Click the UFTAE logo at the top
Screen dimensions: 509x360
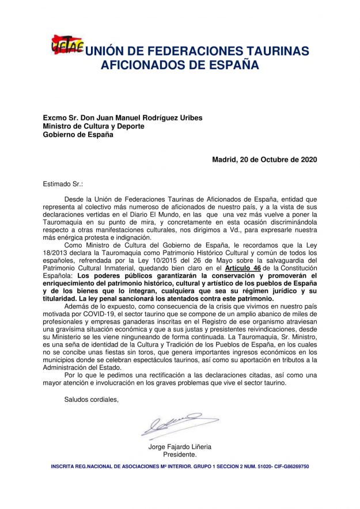click(67, 44)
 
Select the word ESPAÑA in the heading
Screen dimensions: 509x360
click(225, 66)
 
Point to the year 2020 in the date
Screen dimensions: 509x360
click(306, 159)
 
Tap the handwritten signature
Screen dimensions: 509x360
click(171, 425)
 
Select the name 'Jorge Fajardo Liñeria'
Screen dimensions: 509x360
click(180, 447)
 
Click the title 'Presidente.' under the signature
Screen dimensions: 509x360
click(180, 455)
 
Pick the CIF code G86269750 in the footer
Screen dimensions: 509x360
click(295, 466)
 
